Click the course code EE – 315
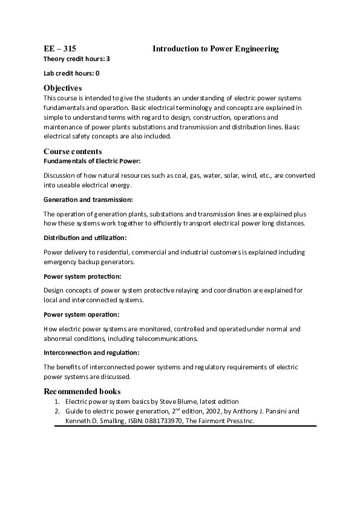pyautogui.click(x=60, y=48)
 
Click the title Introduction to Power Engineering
pyautogui.click(x=215, y=48)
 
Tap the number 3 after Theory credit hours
pyautogui.click(x=108, y=59)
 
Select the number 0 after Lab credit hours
pyautogui.click(x=97, y=73)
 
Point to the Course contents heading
pyautogui.click(x=73, y=151)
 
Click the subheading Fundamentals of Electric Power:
pyautogui.click(x=92, y=161)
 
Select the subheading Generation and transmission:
pyautogui.click(x=88, y=199)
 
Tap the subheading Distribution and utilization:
pyautogui.click(x=85, y=238)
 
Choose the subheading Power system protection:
pyautogui.click(x=82, y=276)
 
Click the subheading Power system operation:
pyautogui.click(x=82, y=314)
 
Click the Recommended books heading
pyautogui.click(x=82, y=391)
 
